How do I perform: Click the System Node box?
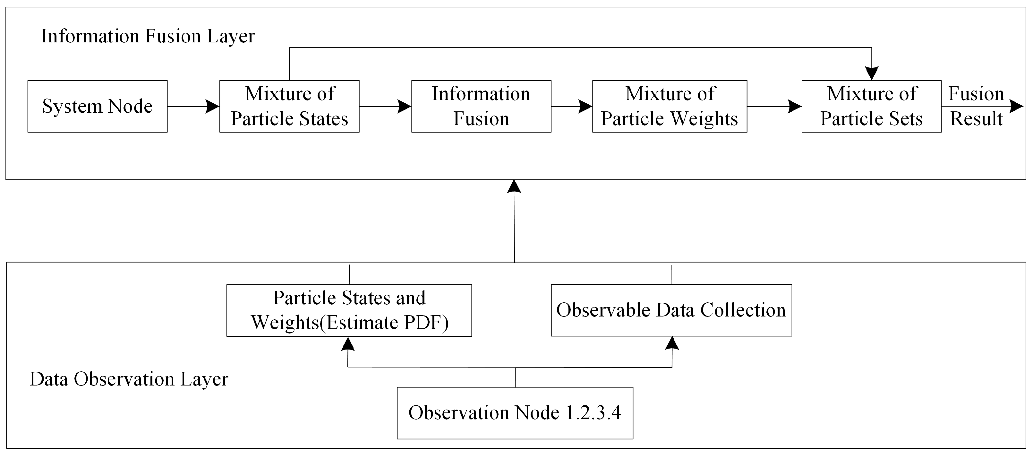coord(98,106)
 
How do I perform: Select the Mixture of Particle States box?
coord(289,106)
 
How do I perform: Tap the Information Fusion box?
coord(481,106)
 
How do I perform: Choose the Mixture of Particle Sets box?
coord(871,106)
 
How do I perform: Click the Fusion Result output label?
coord(976,106)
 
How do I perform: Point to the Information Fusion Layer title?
coord(148,36)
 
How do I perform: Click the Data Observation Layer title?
coord(129,379)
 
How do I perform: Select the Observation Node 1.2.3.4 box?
coord(515,413)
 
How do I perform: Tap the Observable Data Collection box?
coord(671,310)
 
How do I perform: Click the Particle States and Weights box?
coord(349,310)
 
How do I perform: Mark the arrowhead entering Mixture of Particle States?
coord(212,106)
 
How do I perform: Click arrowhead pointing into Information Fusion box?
coord(404,106)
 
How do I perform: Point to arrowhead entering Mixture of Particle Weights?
coord(585,106)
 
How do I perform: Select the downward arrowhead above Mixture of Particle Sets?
coord(871,74)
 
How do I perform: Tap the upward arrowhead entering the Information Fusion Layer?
coord(514,186)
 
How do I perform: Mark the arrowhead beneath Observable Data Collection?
coord(672,343)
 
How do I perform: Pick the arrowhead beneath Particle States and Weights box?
coord(348,344)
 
